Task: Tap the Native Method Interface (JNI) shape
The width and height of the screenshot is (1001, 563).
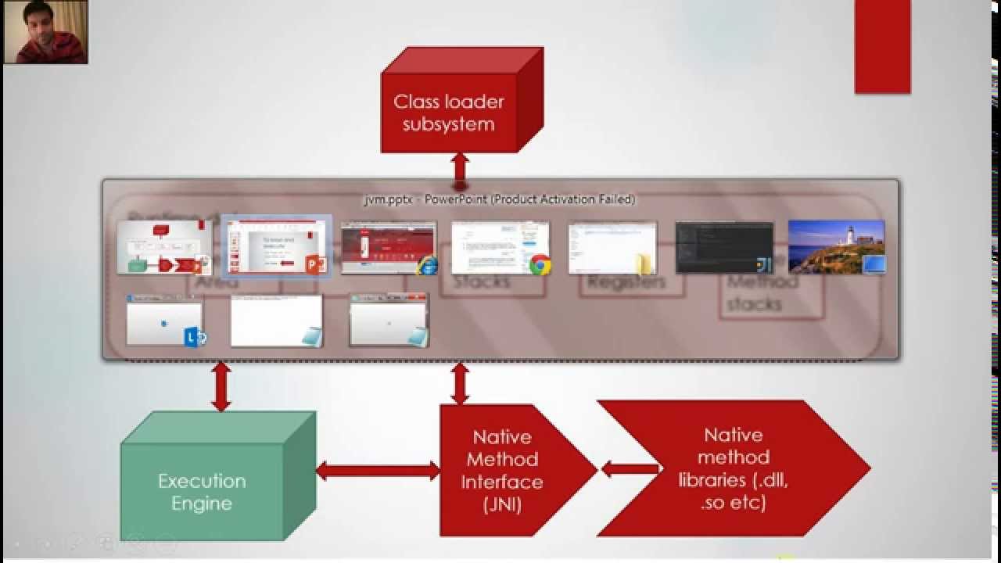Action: pyautogui.click(x=504, y=470)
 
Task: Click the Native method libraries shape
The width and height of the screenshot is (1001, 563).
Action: pyautogui.click(x=734, y=468)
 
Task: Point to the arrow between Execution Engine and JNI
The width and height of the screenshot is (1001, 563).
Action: pyautogui.click(x=378, y=471)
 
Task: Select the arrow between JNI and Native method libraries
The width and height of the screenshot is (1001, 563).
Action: pyautogui.click(x=630, y=469)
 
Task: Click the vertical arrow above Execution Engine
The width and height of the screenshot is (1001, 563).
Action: pyautogui.click(x=221, y=385)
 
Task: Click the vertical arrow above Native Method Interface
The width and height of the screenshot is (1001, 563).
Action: pyautogui.click(x=460, y=383)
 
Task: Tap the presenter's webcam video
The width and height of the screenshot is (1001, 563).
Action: pyautogui.click(x=45, y=32)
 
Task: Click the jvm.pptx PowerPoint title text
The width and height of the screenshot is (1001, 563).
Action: pyautogui.click(x=500, y=199)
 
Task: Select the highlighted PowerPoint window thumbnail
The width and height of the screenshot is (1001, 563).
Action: pyautogui.click(x=276, y=247)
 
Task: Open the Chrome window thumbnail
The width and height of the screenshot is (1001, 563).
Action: pyautogui.click(x=500, y=247)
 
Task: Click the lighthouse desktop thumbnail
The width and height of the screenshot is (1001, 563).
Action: pyautogui.click(x=836, y=247)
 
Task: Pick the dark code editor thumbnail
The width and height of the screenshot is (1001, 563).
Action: pyautogui.click(x=724, y=247)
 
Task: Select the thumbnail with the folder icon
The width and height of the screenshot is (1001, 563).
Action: pyautogui.click(x=612, y=247)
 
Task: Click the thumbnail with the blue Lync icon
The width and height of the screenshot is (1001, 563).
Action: pyautogui.click(x=165, y=320)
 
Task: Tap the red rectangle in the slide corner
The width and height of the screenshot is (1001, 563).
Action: pyautogui.click(x=882, y=47)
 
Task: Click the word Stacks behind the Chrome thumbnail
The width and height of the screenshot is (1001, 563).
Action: pyautogui.click(x=482, y=282)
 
